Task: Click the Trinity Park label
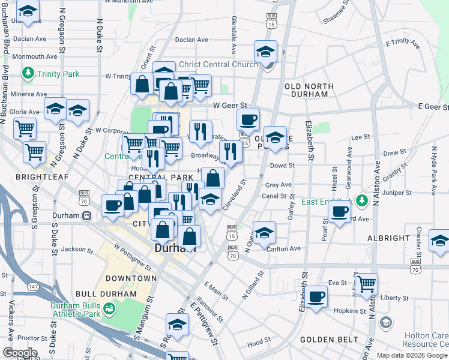(58, 74)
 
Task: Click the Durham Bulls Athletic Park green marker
(110, 308)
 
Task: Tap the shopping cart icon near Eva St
(366, 282)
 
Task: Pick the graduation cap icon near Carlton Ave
(264, 232)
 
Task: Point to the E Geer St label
(433, 107)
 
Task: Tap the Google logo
(19, 353)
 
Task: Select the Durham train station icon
(86, 215)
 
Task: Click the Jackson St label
(73, 249)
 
